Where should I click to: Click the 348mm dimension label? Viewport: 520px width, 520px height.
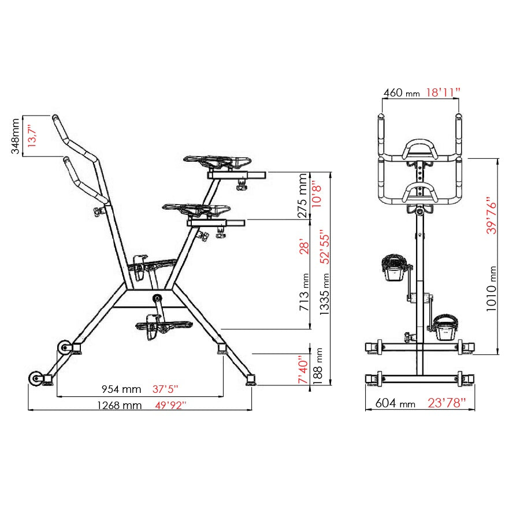click(16, 136)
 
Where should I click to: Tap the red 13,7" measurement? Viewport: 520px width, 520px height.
click(32, 136)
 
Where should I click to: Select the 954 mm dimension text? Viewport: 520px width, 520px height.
click(121, 389)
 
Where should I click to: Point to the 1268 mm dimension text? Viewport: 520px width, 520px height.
click(120, 405)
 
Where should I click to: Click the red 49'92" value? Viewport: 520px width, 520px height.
click(170, 405)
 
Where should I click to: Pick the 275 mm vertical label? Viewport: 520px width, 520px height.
click(302, 196)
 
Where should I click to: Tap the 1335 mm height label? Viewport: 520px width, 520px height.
click(325, 294)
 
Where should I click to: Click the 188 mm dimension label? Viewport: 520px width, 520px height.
click(317, 366)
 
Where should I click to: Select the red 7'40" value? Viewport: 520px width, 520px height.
click(303, 370)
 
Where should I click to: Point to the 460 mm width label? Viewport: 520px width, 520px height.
click(402, 92)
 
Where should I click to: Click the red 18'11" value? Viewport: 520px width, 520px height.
click(443, 92)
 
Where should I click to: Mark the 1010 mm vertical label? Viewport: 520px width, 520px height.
click(492, 288)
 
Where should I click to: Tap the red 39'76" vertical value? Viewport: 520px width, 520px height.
click(492, 216)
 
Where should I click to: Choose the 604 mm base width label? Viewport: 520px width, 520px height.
click(395, 403)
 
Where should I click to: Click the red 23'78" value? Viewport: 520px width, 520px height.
click(447, 403)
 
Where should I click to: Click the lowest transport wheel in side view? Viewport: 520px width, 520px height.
click(36, 378)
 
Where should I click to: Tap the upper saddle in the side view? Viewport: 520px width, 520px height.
click(217, 162)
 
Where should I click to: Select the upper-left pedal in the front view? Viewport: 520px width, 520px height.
click(394, 268)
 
